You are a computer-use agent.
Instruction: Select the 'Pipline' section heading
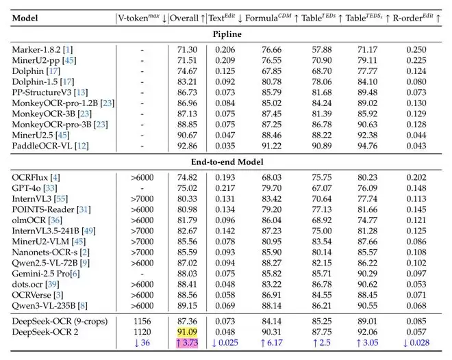pos(226,34)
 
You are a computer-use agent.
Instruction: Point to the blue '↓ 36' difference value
pos(142,344)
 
